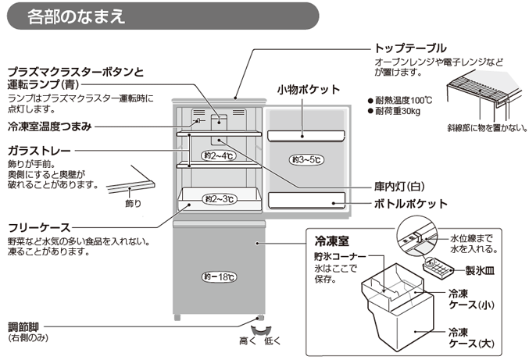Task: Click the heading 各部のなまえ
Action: (75, 16)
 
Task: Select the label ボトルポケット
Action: (411, 204)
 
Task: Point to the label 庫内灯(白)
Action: (398, 187)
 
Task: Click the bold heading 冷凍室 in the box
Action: (327, 242)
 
